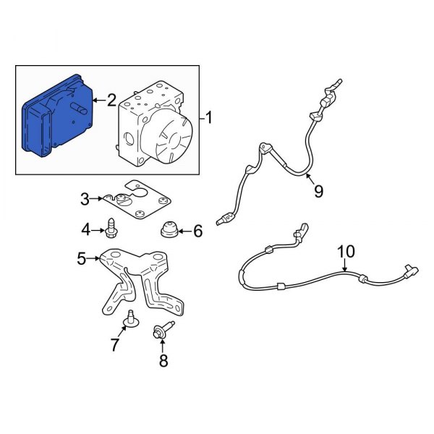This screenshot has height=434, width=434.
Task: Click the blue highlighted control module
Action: [x=56, y=116]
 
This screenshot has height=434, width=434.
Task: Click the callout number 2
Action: [x=111, y=101]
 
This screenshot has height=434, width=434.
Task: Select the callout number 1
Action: [x=209, y=117]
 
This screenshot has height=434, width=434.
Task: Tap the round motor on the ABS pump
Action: [x=166, y=137]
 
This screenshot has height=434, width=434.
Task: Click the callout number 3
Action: [x=85, y=199]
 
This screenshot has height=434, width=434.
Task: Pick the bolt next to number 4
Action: [x=111, y=228]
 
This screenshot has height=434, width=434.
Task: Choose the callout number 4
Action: [x=86, y=230]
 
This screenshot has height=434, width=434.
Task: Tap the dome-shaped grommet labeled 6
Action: [x=169, y=230]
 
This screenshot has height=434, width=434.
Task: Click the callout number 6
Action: [x=197, y=231]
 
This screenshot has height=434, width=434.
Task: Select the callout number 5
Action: [x=82, y=258]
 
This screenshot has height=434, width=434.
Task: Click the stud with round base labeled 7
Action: [x=131, y=320]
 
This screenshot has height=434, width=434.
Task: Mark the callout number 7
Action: [x=115, y=344]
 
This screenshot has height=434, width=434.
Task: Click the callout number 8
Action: [x=163, y=360]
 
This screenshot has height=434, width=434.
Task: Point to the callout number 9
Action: [x=318, y=191]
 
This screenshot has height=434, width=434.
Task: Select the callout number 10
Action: [x=346, y=252]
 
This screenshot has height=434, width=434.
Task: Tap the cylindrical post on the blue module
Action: [x=79, y=109]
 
